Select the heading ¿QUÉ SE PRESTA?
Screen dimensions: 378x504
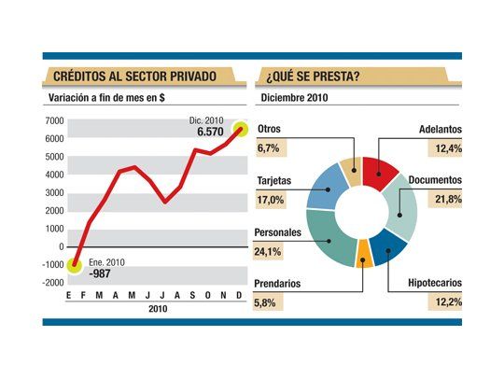314,76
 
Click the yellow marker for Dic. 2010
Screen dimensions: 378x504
240,129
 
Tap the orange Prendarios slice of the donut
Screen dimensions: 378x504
365,255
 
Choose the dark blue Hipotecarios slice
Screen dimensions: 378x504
390,245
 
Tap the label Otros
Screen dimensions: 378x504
270,129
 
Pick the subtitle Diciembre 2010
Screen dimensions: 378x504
295,97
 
